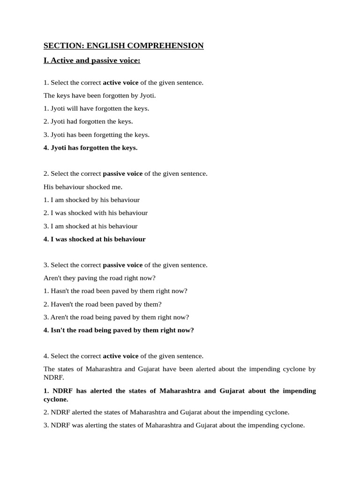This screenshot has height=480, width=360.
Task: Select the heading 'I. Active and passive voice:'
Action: [92, 60]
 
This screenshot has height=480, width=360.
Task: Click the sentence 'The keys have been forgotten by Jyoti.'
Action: [99, 96]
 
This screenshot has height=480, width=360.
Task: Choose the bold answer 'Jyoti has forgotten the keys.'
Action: [94, 148]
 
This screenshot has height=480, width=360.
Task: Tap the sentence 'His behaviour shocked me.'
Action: [83, 187]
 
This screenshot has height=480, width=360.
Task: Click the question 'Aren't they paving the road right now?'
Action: [99, 278]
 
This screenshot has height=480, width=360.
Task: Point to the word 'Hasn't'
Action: [60, 291]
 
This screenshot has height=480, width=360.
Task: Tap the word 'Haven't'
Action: [62, 304]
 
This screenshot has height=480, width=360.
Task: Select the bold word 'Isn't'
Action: [59, 330]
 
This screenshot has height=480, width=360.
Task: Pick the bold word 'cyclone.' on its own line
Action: [56, 399]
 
